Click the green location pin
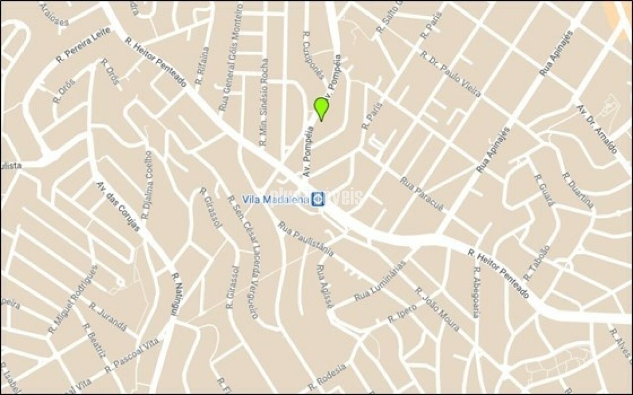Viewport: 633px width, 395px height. [321, 108]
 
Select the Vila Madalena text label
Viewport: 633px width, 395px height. [275, 199]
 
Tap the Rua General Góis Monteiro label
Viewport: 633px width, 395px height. [231, 57]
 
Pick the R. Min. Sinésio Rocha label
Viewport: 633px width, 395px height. [264, 102]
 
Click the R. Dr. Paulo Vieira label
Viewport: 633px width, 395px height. [450, 76]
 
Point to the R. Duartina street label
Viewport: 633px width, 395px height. [578, 190]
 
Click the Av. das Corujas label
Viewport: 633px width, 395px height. [118, 206]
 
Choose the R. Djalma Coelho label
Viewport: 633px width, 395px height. [147, 185]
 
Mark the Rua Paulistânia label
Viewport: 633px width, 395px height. [306, 239]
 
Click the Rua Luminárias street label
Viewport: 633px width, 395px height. [380, 280]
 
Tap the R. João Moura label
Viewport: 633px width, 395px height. [437, 309]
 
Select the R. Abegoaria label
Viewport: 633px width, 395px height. [477, 292]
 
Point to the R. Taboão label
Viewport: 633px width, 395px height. [537, 263]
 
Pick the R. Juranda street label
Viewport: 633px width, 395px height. [107, 316]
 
